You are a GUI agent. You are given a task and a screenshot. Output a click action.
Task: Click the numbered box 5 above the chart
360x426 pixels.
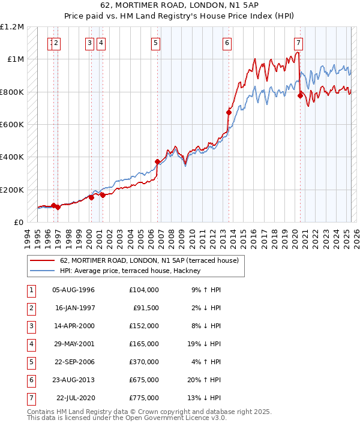click(x=155, y=43)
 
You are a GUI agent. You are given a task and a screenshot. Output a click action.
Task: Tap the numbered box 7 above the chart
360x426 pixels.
click(x=298, y=43)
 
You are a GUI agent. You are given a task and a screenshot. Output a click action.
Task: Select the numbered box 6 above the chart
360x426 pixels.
click(x=227, y=43)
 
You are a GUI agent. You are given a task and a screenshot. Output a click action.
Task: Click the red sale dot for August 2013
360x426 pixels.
click(x=229, y=112)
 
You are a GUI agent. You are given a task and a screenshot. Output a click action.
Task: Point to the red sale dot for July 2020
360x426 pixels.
click(x=299, y=95)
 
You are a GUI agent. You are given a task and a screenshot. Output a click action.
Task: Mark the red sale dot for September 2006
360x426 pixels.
click(x=157, y=161)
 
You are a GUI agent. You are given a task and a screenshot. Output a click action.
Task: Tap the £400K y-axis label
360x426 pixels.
click(x=13, y=157)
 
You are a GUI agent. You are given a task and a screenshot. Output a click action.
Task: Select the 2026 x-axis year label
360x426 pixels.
click(x=355, y=236)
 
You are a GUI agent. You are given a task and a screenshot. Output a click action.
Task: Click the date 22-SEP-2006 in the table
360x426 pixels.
click(x=74, y=362)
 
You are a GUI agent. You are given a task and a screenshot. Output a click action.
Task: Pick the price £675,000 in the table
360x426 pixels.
click(x=143, y=380)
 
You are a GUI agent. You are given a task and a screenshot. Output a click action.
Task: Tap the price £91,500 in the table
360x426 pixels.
click(x=146, y=308)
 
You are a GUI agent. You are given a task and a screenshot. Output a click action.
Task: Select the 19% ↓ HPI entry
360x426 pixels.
click(x=206, y=344)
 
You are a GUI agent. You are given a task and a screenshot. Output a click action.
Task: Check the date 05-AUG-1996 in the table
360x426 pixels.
click(x=74, y=290)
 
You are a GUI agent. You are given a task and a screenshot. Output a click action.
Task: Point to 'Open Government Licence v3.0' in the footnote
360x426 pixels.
click(x=176, y=418)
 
